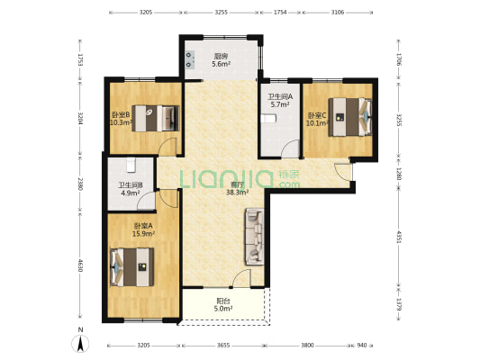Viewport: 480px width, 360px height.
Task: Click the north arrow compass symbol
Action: [x=80, y=343]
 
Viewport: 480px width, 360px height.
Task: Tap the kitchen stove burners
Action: [x=190, y=59]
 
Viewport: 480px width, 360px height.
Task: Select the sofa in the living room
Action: [x=254, y=237]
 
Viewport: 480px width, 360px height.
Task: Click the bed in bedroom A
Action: [x=132, y=267]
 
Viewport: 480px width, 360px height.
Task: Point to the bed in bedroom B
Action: [x=156, y=119]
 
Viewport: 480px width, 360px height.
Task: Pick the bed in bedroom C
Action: [x=350, y=117]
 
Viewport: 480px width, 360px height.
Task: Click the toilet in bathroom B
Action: [x=131, y=165]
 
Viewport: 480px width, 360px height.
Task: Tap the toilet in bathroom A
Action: [x=268, y=118]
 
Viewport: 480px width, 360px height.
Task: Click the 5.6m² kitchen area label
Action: [x=222, y=64]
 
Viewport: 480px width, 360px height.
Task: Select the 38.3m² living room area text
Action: [x=237, y=193]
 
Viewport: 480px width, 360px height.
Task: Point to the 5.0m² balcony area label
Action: [x=223, y=309]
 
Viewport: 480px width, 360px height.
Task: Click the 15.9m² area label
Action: [x=143, y=234]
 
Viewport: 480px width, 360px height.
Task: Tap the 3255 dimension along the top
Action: [x=221, y=13]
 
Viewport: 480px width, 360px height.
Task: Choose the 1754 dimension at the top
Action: [x=280, y=13]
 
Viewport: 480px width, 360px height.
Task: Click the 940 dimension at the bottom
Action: [x=361, y=346]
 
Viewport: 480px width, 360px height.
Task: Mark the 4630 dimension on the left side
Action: [x=80, y=265]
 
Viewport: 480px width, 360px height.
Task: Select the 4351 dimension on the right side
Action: [x=398, y=237]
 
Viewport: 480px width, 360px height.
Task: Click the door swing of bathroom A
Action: [x=290, y=148]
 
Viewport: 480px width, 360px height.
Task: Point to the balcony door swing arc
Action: [x=241, y=278]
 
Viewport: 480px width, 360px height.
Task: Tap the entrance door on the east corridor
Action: [x=343, y=172]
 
